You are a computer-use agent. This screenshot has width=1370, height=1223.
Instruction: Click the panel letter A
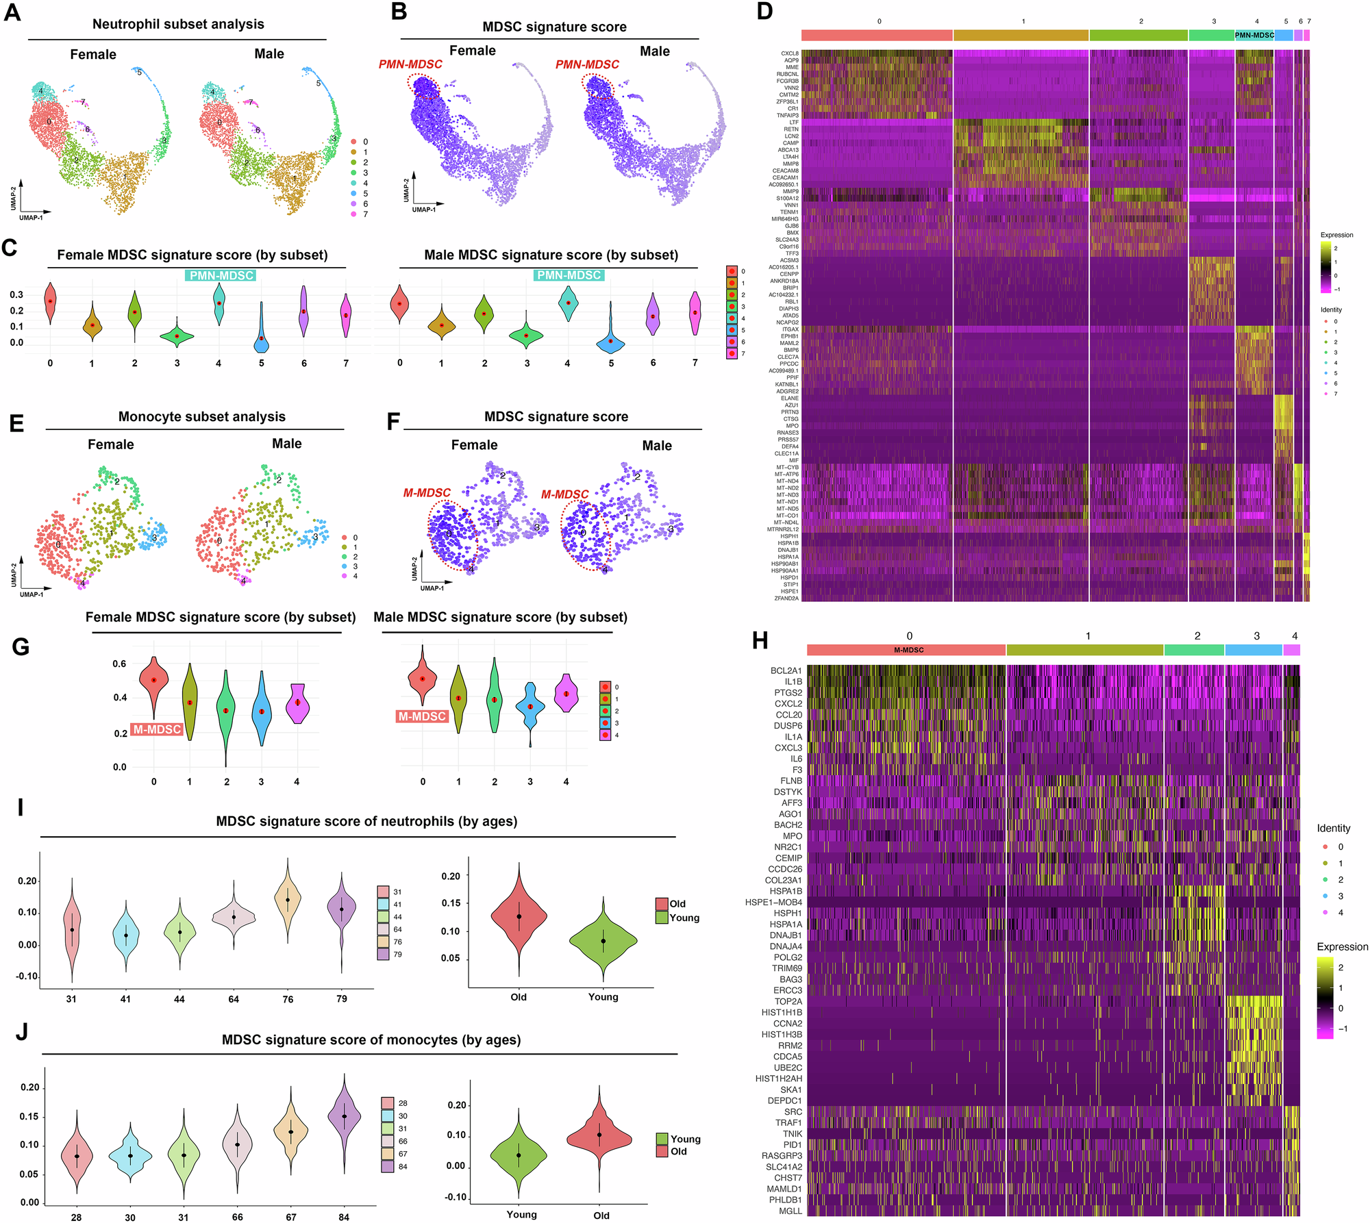[12, 13]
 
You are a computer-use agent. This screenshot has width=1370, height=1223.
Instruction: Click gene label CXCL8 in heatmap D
[789, 53]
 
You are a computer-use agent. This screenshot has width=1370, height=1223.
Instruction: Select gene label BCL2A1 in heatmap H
[786, 670]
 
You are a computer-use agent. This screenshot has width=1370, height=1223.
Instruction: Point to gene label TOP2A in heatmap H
[788, 1001]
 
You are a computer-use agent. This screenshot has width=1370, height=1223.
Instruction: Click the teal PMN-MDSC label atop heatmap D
[1254, 35]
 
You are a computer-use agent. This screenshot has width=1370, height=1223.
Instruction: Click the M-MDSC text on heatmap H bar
[908, 650]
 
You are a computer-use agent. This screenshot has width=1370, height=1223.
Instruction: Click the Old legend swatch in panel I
[661, 903]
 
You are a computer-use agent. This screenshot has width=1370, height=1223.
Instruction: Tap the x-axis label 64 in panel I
[234, 999]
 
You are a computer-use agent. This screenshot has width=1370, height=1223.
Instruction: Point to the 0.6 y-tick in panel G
[119, 664]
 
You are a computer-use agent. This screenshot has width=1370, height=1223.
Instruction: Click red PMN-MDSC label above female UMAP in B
[410, 64]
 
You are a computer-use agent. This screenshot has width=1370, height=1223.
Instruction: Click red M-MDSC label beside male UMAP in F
[564, 494]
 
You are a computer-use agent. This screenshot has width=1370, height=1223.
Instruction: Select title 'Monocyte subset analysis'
[201, 416]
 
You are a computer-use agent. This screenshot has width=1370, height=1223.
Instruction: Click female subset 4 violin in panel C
[219, 303]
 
